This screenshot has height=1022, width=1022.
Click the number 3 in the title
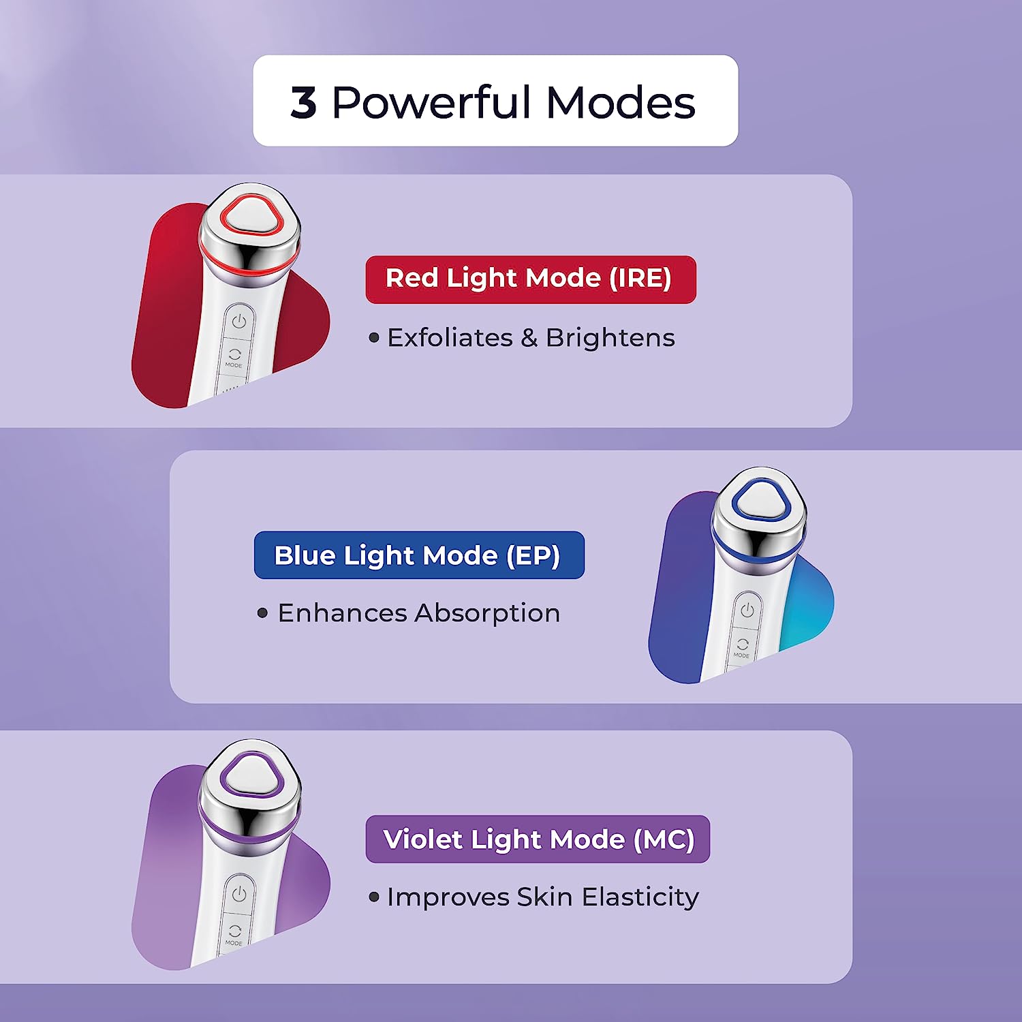click(x=304, y=103)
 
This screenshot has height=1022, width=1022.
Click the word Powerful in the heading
click(x=431, y=103)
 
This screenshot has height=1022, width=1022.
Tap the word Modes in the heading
click(x=621, y=103)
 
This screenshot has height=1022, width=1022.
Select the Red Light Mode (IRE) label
click(x=530, y=279)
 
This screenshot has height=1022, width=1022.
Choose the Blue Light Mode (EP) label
click(x=418, y=555)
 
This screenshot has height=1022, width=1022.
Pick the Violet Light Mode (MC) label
click(x=538, y=839)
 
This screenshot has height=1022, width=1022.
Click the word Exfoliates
click(x=450, y=338)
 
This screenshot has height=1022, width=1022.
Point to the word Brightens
click(x=610, y=338)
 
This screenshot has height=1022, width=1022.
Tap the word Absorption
click(x=487, y=613)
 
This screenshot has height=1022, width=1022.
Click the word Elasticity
click(x=640, y=897)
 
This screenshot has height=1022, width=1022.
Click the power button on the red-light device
click(x=238, y=321)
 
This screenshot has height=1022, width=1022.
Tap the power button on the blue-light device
click(x=747, y=609)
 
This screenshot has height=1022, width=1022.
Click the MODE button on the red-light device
click(x=234, y=358)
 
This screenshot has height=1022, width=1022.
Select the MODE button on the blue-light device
click(x=742, y=647)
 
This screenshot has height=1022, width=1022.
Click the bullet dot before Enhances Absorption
click(x=263, y=613)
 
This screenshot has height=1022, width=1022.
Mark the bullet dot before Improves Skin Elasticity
click(x=373, y=897)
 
